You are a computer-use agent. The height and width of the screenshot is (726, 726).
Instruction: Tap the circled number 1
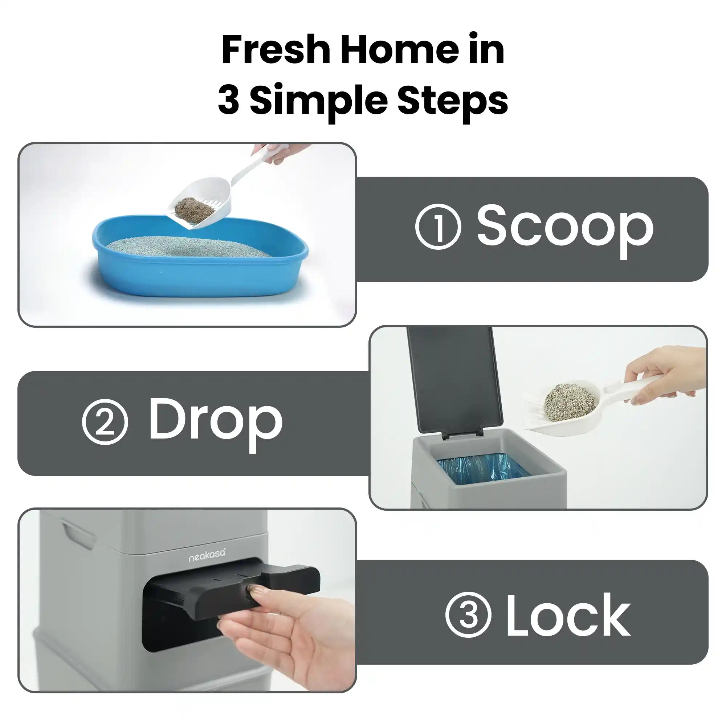tap(438, 227)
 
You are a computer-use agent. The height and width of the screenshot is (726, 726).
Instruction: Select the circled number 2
tap(105, 421)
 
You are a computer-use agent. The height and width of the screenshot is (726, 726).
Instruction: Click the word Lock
tap(568, 615)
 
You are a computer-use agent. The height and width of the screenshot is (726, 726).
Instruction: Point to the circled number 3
tap(468, 615)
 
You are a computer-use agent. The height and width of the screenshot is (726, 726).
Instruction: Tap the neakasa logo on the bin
tap(207, 555)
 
